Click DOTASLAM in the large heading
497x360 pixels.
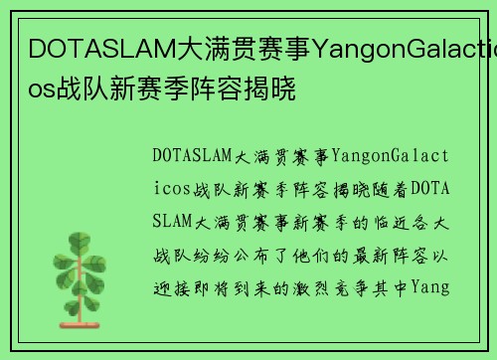[93, 47]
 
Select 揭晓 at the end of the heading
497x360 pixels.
[274, 87]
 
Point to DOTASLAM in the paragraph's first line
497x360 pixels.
[192, 155]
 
